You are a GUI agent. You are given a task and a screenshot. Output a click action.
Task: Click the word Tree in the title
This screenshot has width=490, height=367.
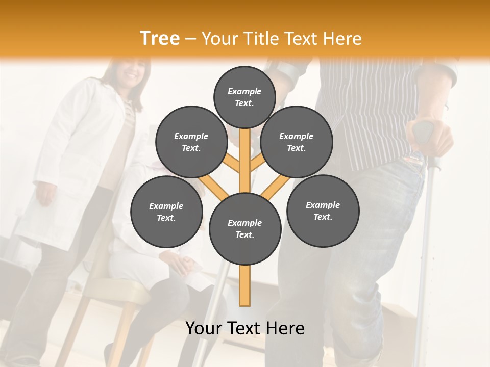160,39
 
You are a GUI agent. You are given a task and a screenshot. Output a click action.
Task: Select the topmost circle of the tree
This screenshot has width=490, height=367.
244,97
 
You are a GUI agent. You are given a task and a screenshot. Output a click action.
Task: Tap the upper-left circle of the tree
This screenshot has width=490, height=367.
191,142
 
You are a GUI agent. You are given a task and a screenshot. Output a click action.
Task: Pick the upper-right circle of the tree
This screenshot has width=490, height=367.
296,142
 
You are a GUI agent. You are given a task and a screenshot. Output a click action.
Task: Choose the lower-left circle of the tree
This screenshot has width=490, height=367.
166,212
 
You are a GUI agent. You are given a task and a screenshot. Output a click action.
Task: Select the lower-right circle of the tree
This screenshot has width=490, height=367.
323,211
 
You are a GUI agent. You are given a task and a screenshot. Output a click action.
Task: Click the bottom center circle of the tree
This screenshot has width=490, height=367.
244,228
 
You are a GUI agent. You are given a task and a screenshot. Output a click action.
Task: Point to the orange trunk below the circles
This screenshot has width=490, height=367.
244,285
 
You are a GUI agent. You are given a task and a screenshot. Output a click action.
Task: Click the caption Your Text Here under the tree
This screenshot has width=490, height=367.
244,328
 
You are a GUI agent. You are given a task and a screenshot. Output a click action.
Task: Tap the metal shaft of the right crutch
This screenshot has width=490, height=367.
437,229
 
